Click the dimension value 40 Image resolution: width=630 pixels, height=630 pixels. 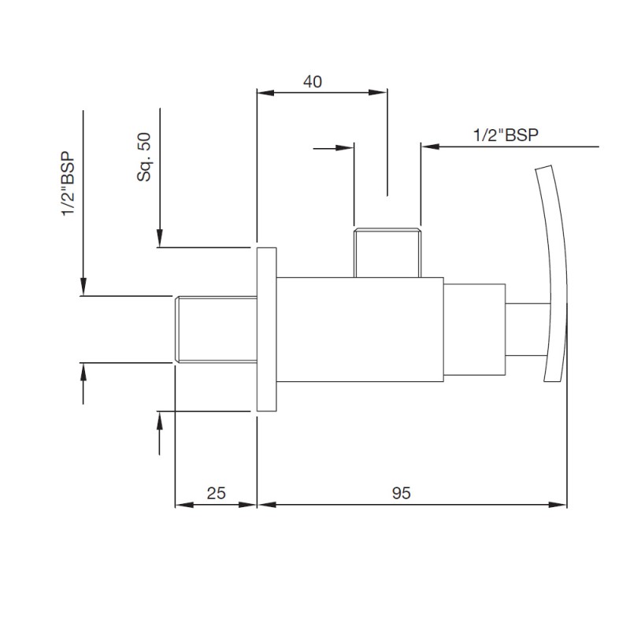pyautogui.click(x=313, y=82)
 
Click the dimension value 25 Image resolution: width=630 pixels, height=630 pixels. pyautogui.click(x=216, y=493)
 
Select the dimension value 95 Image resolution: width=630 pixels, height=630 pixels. pyautogui.click(x=402, y=493)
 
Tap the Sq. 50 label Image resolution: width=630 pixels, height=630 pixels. pyautogui.click(x=144, y=157)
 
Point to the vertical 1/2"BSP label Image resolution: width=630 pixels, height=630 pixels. pyautogui.click(x=69, y=183)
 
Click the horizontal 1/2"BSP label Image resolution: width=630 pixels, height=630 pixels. pyautogui.click(x=506, y=135)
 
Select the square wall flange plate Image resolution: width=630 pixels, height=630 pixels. pyautogui.click(x=267, y=329)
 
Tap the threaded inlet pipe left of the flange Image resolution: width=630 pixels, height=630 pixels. pyautogui.click(x=216, y=329)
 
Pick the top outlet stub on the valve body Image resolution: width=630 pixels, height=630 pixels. pyautogui.click(x=387, y=253)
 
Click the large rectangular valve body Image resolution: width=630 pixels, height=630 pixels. pyautogui.click(x=360, y=329)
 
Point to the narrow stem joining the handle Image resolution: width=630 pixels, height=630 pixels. pyautogui.click(x=528, y=329)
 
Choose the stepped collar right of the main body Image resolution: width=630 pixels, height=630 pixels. pyautogui.click(x=475, y=329)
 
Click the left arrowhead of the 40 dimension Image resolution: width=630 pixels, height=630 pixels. pyautogui.click(x=265, y=92)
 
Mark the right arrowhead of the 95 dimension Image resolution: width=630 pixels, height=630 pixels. pyautogui.click(x=558, y=505)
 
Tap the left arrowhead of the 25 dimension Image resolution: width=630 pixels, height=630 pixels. pyautogui.click(x=184, y=505)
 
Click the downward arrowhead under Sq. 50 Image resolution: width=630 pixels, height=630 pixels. pyautogui.click(x=160, y=238)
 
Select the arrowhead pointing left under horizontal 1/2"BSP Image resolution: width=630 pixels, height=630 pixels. pyautogui.click(x=430, y=146)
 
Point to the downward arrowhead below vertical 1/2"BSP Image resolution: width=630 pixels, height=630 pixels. pyautogui.click(x=83, y=287)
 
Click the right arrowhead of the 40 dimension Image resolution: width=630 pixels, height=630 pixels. pyautogui.click(x=378, y=92)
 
